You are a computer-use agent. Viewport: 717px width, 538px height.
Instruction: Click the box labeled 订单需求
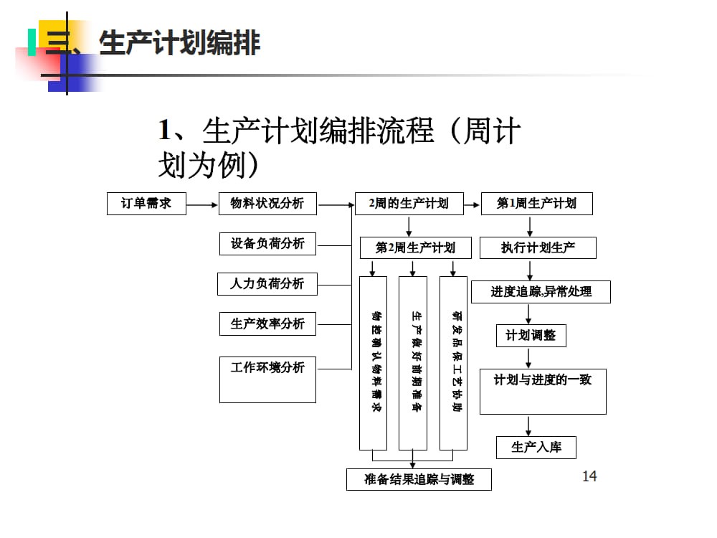point(146,203)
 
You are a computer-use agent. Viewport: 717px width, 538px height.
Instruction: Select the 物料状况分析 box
point(267,203)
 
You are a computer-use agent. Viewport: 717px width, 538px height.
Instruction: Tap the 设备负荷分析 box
point(267,244)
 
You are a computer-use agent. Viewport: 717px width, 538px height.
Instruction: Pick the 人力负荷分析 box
point(267,283)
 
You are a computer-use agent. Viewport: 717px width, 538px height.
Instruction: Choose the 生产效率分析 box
point(267,324)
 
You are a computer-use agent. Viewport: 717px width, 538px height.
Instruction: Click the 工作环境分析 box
point(267,379)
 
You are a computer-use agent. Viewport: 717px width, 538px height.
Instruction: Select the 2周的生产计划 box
point(409,203)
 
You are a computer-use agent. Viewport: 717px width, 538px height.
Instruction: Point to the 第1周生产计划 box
point(536,203)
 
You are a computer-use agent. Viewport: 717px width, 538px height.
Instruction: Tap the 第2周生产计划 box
point(415,247)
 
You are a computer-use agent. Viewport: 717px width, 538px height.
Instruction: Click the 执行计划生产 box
point(538,247)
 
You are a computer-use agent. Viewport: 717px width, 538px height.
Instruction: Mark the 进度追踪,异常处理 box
point(541,291)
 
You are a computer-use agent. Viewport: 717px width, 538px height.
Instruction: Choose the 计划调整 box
point(531,335)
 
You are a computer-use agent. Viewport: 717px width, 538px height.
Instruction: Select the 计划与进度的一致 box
point(543,391)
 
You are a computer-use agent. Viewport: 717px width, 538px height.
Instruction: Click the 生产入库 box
point(536,447)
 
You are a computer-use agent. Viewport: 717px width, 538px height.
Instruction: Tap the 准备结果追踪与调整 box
point(419,478)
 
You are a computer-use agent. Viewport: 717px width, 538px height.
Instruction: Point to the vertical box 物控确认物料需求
point(373,362)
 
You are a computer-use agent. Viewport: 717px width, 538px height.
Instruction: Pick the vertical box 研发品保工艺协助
point(454,362)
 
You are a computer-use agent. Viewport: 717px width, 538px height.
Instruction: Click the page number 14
point(589,476)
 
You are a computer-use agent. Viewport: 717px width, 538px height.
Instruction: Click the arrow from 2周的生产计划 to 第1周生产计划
point(473,204)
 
